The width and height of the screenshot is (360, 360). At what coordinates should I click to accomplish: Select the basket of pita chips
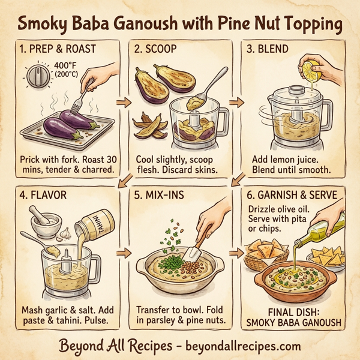pos(265,253)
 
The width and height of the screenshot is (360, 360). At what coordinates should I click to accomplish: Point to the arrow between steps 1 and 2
pos(123,103)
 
